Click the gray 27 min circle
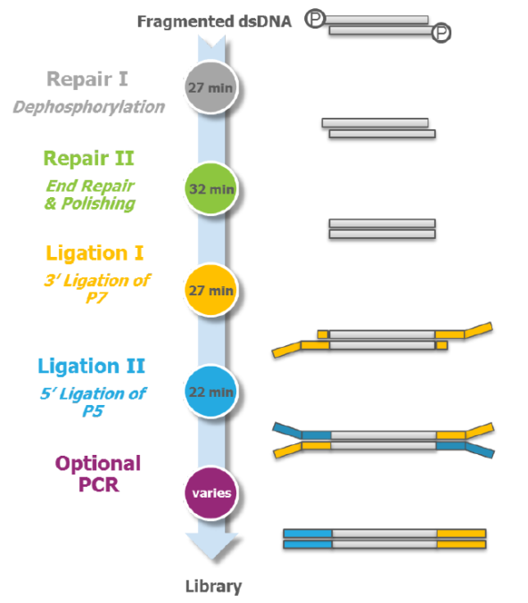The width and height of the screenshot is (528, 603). [x=210, y=87]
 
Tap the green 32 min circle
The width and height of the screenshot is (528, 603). [x=210, y=188]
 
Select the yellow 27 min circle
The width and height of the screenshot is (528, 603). [x=210, y=290]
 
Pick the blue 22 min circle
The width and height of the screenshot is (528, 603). [x=210, y=392]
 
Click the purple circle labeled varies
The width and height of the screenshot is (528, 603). [x=210, y=492]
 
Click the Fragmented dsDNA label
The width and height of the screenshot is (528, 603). [x=214, y=21]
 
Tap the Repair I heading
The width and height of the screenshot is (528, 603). [x=87, y=79]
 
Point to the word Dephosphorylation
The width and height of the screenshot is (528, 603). [x=89, y=107]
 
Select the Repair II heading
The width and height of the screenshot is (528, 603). [x=88, y=159]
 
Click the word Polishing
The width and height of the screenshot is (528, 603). [x=98, y=203]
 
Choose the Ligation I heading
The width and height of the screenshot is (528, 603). [x=95, y=253]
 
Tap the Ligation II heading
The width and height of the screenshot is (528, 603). [x=92, y=366]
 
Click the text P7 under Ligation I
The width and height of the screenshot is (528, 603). [x=96, y=297]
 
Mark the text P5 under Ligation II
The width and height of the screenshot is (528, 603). [x=93, y=411]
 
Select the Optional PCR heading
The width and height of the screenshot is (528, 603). [x=98, y=474]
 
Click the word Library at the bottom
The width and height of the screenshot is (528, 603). [x=214, y=586]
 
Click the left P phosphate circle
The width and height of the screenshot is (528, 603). [x=315, y=19]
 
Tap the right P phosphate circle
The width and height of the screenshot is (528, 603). [x=441, y=33]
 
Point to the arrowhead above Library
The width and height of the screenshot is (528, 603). [x=212, y=546]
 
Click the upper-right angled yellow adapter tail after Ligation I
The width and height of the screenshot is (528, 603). [x=478, y=330]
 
